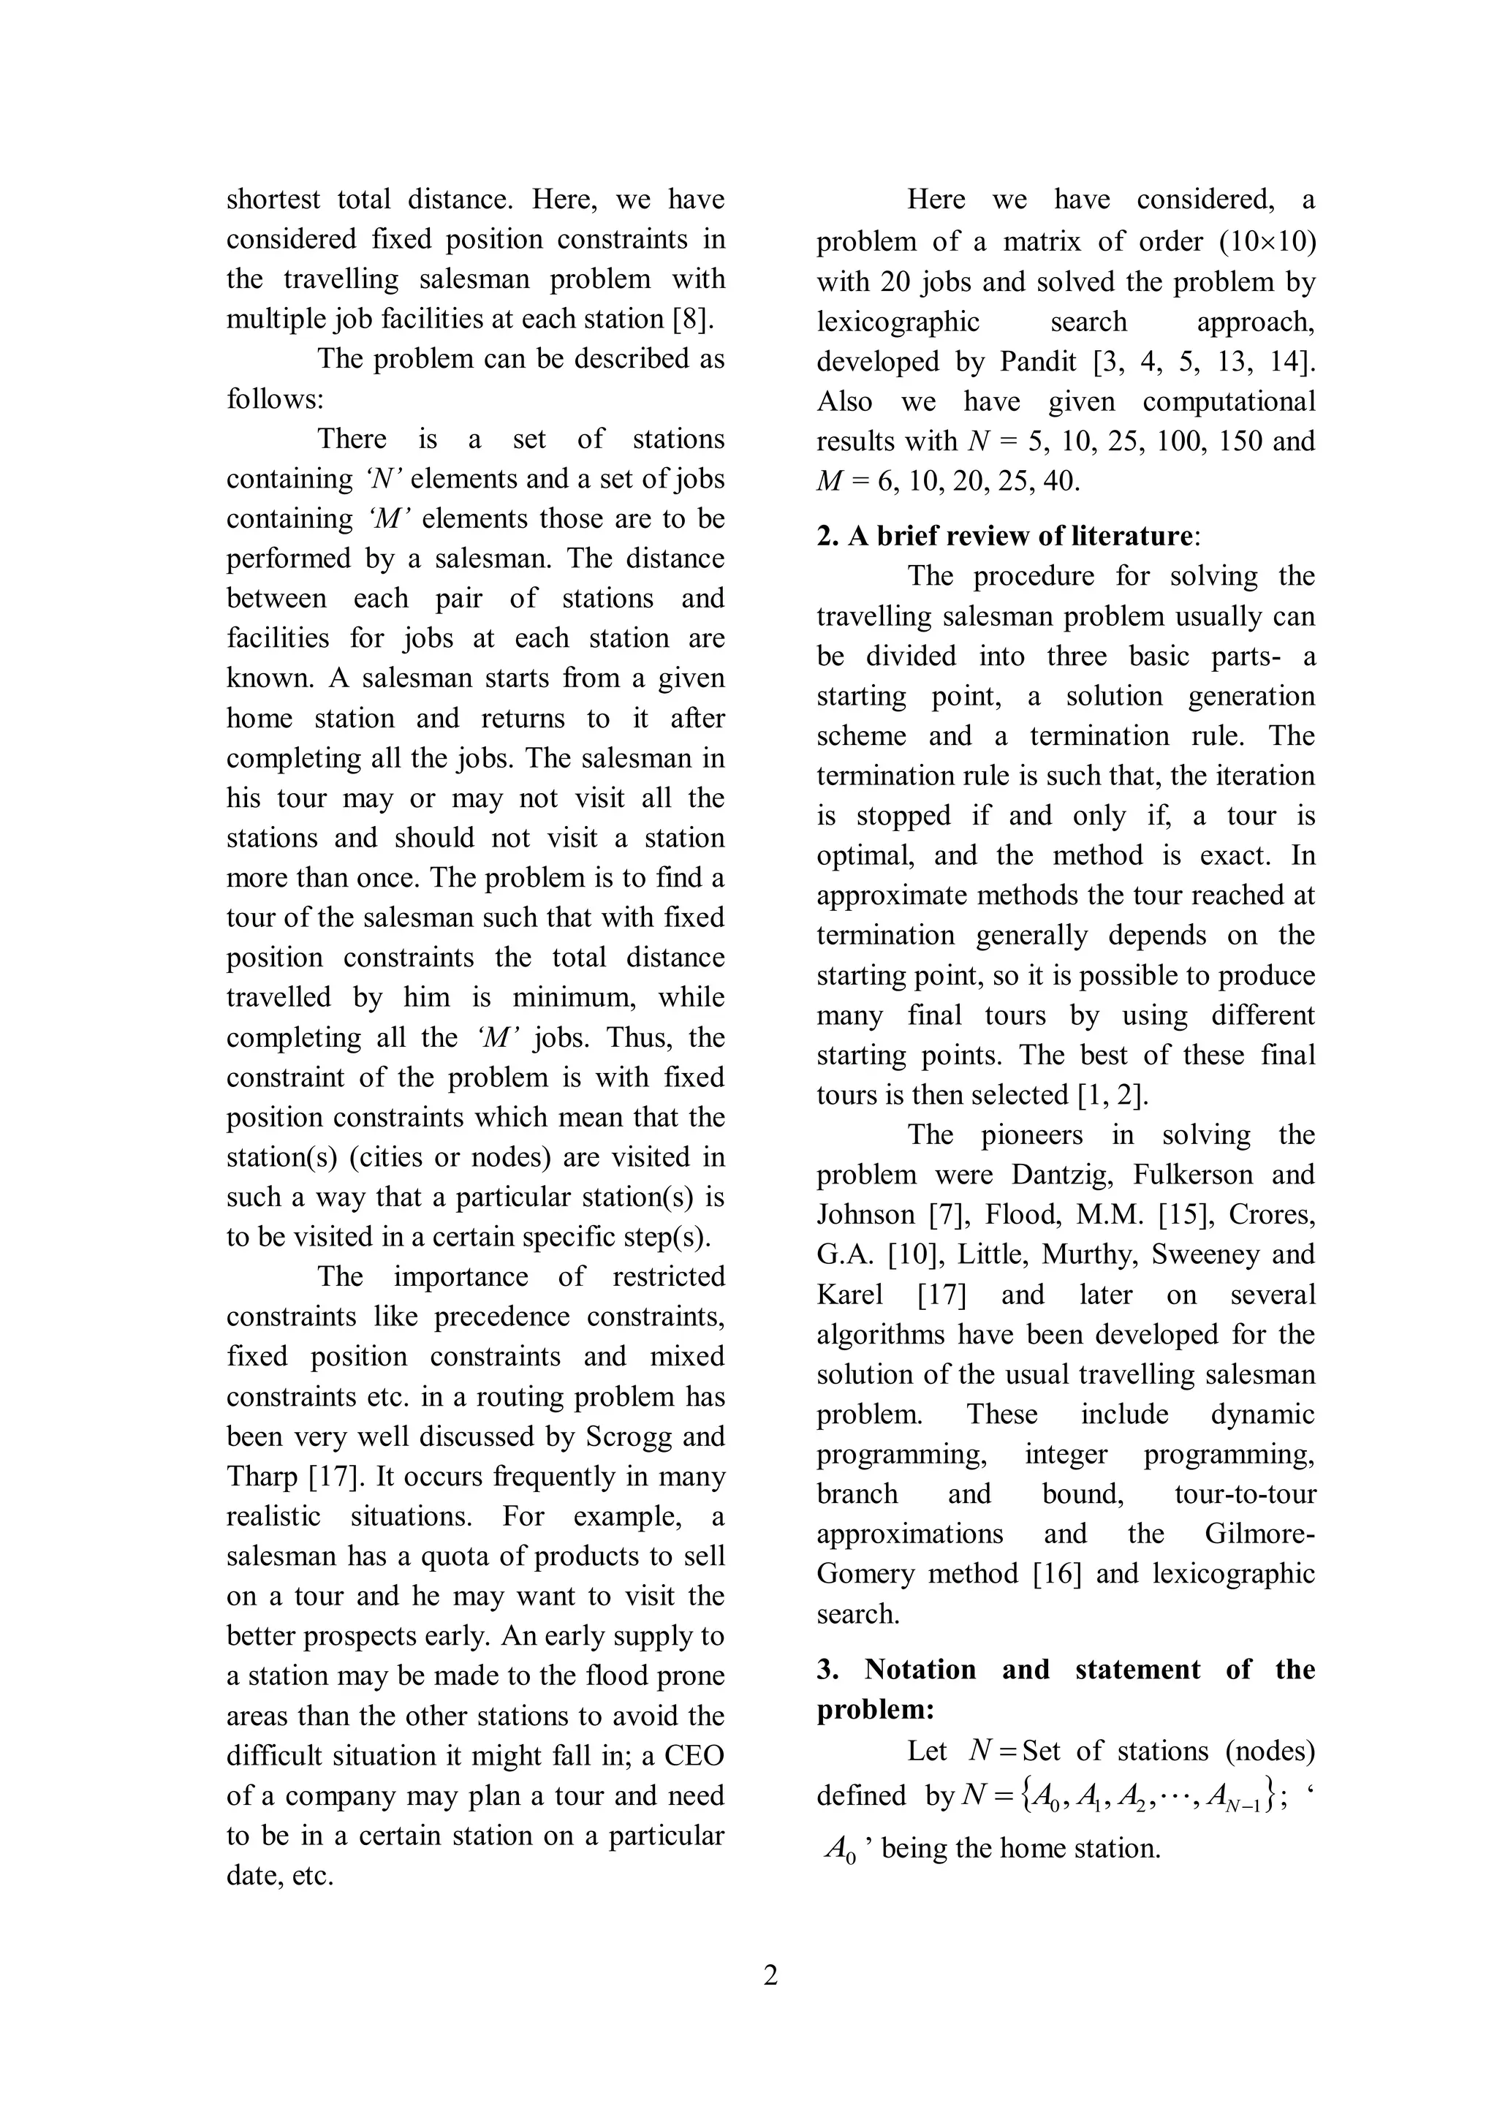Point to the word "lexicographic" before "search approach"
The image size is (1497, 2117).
click(x=898, y=322)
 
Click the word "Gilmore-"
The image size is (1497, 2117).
click(x=1259, y=1534)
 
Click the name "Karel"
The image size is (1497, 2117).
click(x=850, y=1295)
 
